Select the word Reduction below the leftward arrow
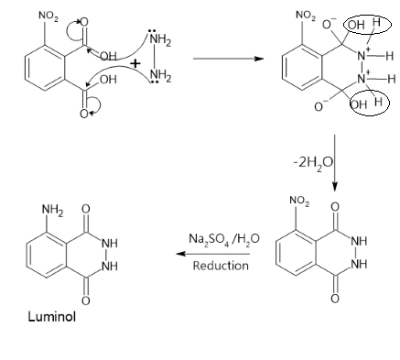pos(220,266)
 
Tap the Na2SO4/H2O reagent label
pos(221,239)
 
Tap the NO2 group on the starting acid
pos(46,15)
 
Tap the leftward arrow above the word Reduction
pos(220,253)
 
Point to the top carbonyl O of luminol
pos(86,209)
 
